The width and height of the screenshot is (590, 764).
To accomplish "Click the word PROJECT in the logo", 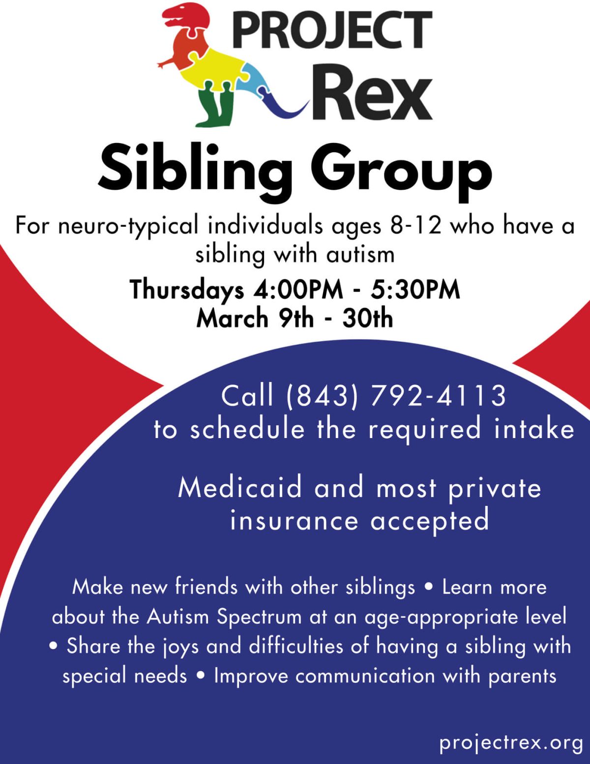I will pyautogui.click(x=332, y=30).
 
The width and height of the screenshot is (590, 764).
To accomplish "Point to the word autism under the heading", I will pyautogui.click(x=360, y=255).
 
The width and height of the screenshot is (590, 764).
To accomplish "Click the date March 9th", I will pyautogui.click(x=255, y=318).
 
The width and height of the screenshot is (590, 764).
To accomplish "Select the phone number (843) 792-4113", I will pyautogui.click(x=395, y=395).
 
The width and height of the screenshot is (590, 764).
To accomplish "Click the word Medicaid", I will pyautogui.click(x=240, y=488).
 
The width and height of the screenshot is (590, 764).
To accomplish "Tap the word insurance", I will pyautogui.click(x=294, y=521).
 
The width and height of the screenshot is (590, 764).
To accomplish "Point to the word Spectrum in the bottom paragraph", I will pyautogui.click(x=259, y=617).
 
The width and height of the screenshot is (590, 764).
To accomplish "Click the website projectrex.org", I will pyautogui.click(x=511, y=742).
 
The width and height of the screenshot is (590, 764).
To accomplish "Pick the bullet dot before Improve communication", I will pyautogui.click(x=200, y=676).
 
